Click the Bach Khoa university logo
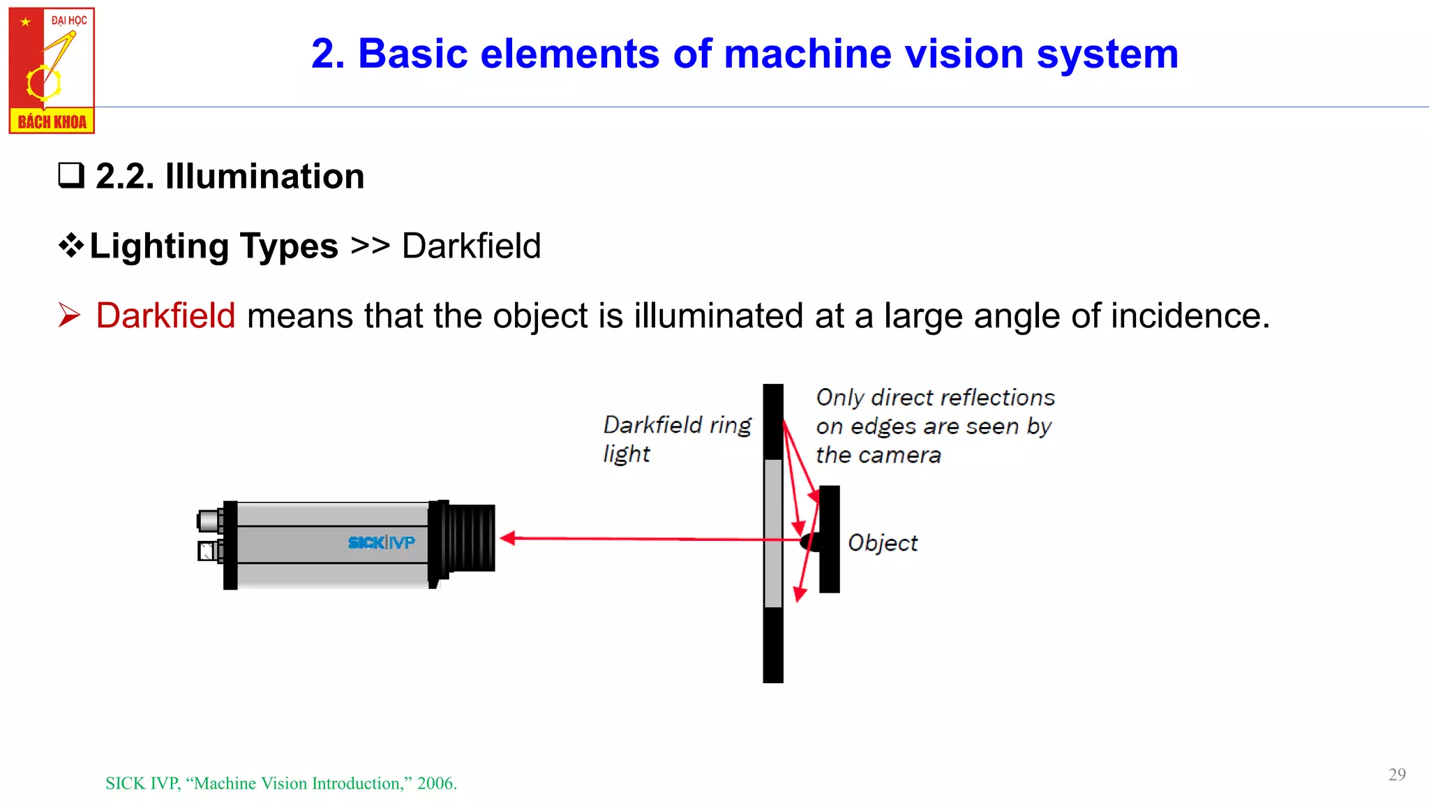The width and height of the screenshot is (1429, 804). tap(52, 70)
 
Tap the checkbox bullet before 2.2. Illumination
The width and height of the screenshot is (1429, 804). tap(71, 175)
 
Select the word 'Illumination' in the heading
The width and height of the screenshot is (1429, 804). tap(264, 176)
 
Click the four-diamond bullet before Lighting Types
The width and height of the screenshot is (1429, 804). tap(71, 246)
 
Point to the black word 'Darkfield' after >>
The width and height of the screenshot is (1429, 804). tap(471, 246)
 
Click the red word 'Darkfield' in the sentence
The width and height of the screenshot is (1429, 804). tap(165, 315)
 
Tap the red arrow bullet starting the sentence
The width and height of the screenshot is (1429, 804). tap(70, 315)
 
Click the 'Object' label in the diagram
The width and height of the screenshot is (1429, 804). tap(882, 543)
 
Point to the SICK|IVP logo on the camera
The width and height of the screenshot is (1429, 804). tap(381, 542)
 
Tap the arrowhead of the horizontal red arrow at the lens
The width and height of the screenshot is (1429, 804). tap(509, 538)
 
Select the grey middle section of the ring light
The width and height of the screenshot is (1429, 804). tap(773, 533)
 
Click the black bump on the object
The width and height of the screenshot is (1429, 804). tap(809, 542)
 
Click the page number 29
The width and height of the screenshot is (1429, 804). tap(1397, 775)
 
